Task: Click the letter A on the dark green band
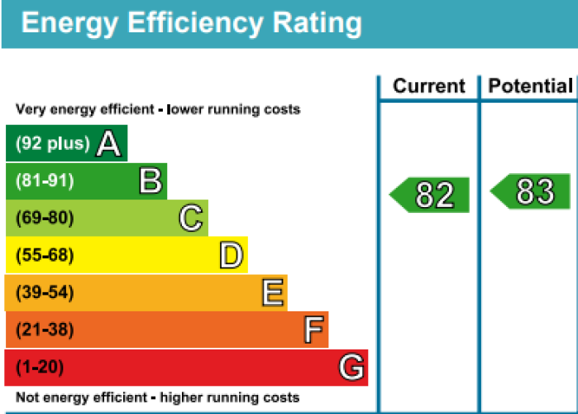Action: [109, 144]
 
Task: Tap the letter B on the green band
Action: [150, 181]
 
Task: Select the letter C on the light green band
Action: [191, 219]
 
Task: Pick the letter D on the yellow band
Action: [232, 256]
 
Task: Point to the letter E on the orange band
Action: [273, 292]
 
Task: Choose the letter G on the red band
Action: [351, 367]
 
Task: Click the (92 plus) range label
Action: [52, 144]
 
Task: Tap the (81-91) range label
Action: [45, 181]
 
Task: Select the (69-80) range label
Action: [45, 219]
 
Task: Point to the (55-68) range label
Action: [45, 256]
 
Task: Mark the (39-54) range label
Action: [45, 293]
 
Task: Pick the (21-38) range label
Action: [45, 330]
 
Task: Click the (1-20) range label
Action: [40, 367]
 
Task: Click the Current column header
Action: [429, 86]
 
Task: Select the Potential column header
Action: [530, 86]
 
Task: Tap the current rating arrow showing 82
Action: [431, 195]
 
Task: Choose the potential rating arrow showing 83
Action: [532, 191]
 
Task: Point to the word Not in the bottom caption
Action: [26, 397]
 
